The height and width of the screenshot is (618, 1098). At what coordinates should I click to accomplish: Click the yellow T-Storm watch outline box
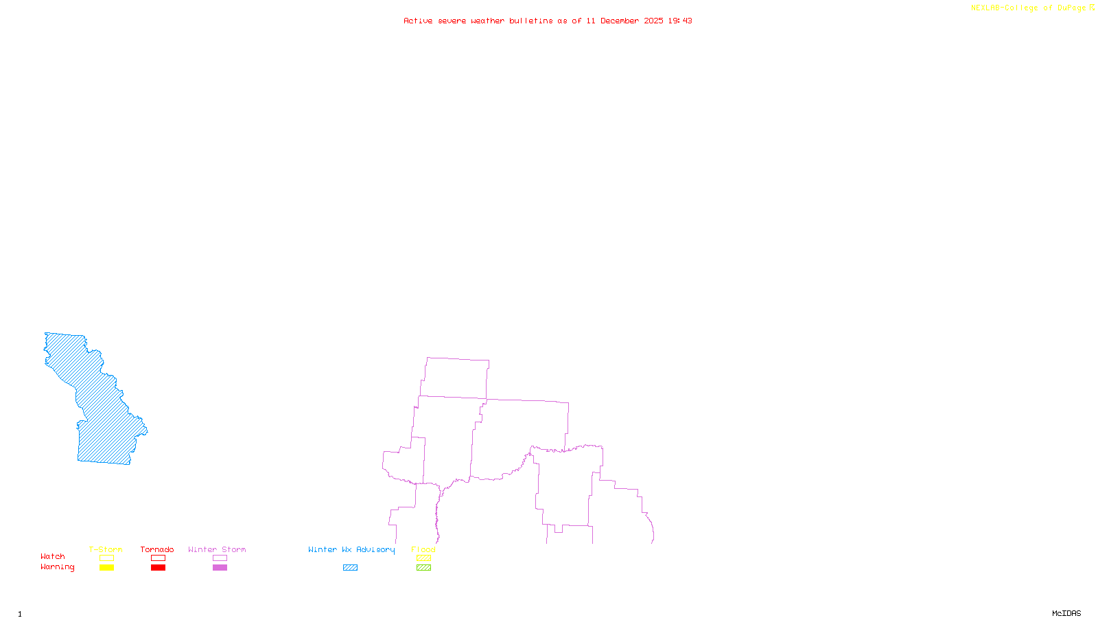[x=106, y=558]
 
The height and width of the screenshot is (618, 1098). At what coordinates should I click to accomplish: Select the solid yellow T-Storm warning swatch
[x=106, y=568]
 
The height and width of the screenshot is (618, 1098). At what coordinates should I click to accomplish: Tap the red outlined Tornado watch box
[x=158, y=558]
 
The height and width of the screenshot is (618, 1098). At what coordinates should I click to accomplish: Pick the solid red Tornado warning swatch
[x=158, y=568]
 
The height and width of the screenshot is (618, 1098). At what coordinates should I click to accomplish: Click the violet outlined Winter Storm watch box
[x=220, y=558]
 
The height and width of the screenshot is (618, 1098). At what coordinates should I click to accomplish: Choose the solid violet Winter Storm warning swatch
[x=220, y=568]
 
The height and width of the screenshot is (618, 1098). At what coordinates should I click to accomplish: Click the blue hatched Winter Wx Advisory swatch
[x=350, y=568]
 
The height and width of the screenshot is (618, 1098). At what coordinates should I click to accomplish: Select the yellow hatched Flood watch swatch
[x=423, y=558]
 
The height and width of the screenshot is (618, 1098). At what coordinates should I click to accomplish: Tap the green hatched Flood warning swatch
[x=423, y=568]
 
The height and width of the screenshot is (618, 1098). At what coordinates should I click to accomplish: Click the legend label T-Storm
[x=106, y=549]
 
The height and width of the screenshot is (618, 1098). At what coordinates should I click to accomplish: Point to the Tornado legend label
[x=157, y=549]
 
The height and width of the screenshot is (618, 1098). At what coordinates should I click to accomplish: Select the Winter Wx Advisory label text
[x=351, y=549]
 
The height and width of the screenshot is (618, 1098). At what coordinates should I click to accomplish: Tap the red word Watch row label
[x=53, y=556]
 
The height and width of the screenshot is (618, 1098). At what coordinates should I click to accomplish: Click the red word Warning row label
[x=58, y=567]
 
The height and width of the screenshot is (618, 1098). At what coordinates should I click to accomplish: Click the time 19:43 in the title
[x=680, y=21]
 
